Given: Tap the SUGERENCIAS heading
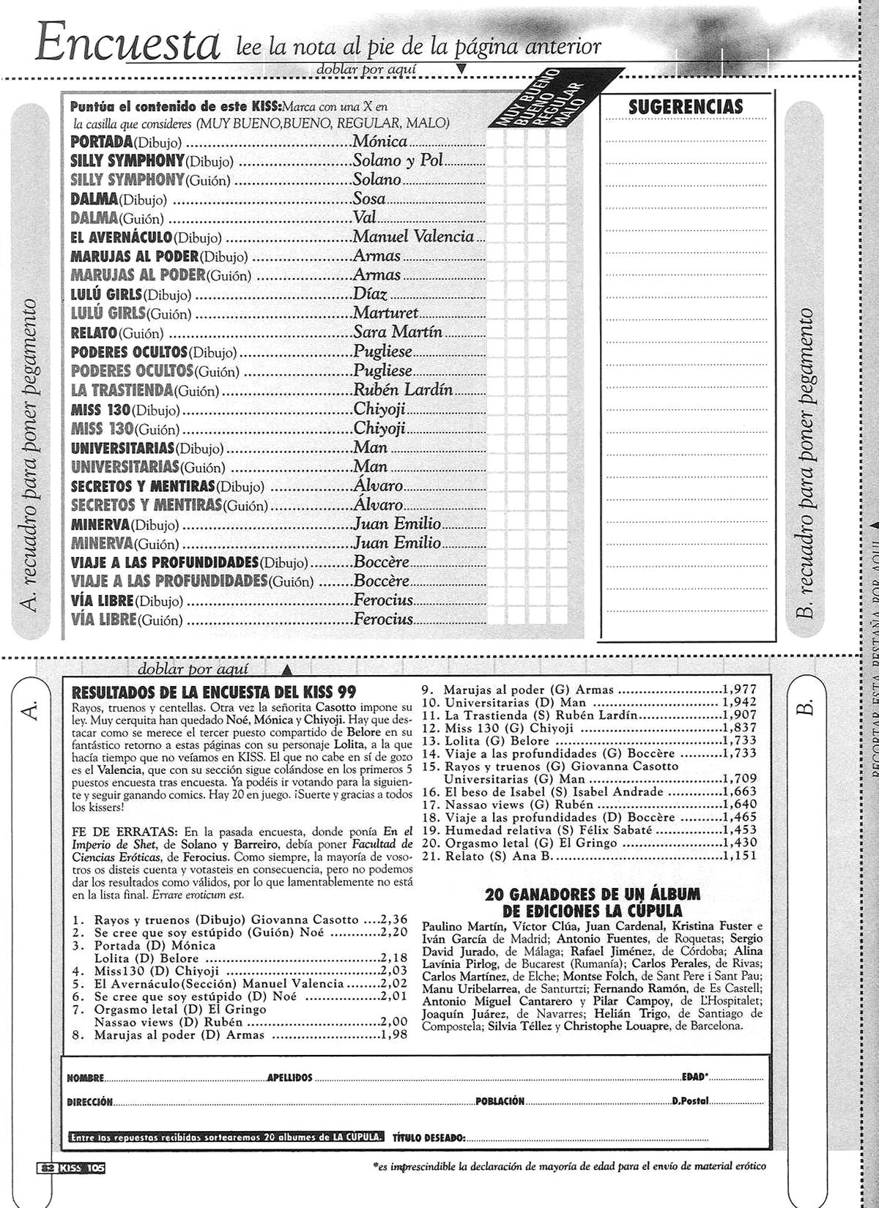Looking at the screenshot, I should coord(686,107).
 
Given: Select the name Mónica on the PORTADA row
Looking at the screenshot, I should coord(379,141).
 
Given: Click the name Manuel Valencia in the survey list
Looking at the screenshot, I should coord(413,236).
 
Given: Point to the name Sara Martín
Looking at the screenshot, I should coord(398,332).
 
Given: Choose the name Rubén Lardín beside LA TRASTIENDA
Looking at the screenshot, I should coord(403,389).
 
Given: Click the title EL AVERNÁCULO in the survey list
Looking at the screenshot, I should coord(122,237).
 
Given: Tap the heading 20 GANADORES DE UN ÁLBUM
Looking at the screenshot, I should coord(593,894).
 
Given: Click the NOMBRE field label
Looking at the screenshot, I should coord(84,1078).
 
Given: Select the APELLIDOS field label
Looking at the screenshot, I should coord(290,1078).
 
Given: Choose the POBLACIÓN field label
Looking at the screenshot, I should coord(500,1101).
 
